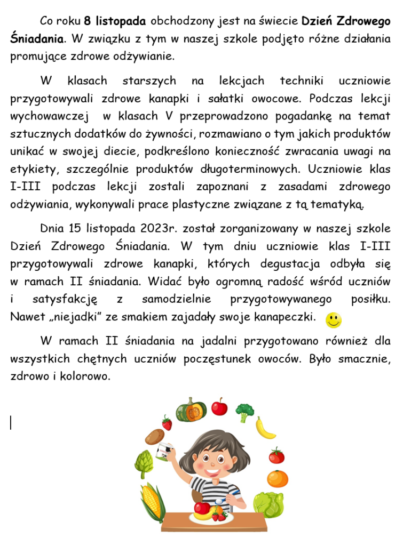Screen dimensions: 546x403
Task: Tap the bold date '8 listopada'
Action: (115, 21)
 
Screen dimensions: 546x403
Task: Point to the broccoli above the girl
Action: (244, 412)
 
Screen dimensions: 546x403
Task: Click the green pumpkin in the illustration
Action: (191, 409)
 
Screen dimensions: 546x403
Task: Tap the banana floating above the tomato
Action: (265, 428)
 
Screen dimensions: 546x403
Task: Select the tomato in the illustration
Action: (276, 456)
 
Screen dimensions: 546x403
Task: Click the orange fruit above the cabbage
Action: (277, 479)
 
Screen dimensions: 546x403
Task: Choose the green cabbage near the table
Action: (268, 505)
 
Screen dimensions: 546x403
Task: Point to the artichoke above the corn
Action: (144, 464)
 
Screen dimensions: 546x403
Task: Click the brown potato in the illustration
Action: (155, 437)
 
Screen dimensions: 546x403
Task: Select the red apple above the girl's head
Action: (219, 405)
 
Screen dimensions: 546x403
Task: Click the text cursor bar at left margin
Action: (11, 423)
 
